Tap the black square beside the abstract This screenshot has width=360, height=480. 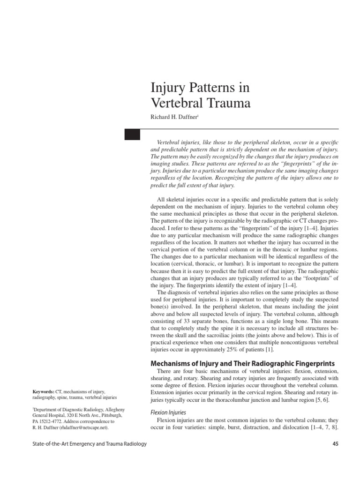pyautogui.click(x=132, y=134)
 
